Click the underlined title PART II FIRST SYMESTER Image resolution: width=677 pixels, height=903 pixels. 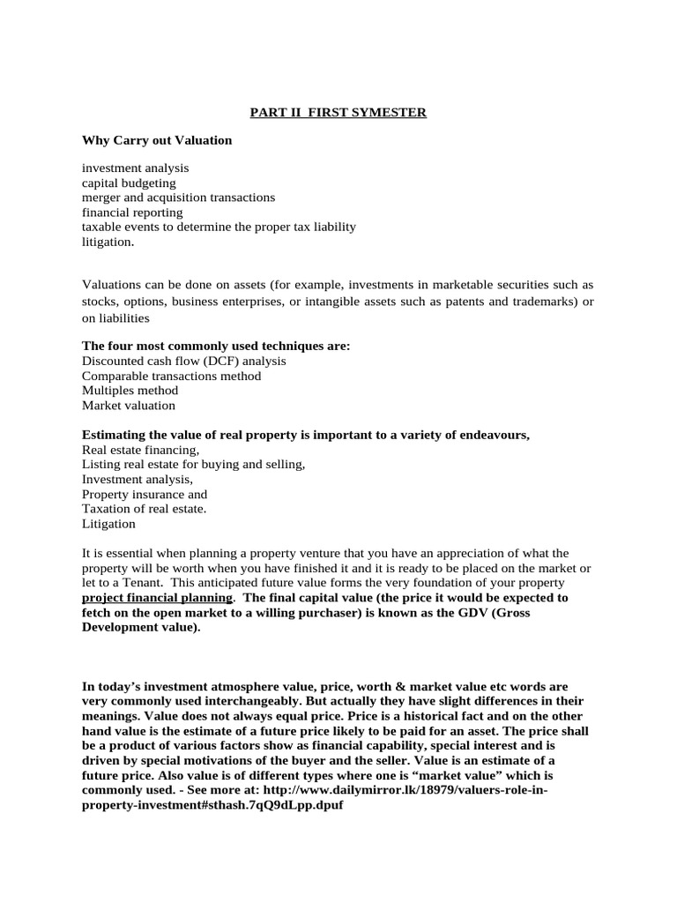click(x=338, y=113)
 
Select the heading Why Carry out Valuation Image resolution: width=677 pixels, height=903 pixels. click(x=157, y=140)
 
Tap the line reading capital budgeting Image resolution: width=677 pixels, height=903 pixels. click(x=129, y=183)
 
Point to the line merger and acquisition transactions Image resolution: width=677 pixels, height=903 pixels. click(x=178, y=198)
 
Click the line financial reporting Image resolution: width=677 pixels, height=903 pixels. click(x=132, y=213)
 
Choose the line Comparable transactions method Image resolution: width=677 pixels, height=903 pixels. click(x=171, y=376)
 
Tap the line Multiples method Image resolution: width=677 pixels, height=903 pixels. click(x=130, y=391)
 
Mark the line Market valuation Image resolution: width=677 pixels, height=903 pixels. click(x=129, y=406)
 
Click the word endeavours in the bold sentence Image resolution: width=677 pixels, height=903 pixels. click(x=495, y=435)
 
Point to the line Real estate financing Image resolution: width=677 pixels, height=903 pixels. click(x=141, y=450)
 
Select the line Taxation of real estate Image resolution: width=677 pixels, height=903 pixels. click(x=144, y=509)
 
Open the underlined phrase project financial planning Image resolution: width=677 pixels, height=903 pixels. click(x=157, y=598)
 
